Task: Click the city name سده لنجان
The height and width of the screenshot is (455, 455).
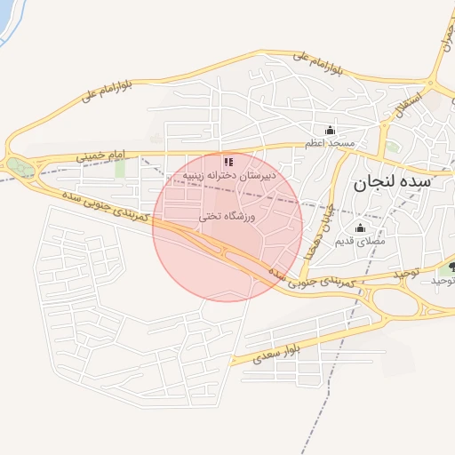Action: [391, 184]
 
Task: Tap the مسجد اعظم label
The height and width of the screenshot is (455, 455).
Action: [330, 143]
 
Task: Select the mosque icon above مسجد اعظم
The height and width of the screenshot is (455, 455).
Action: [330, 131]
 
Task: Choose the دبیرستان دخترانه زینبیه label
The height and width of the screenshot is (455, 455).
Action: [229, 175]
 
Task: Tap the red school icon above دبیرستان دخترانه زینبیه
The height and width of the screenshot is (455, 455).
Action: [228, 162]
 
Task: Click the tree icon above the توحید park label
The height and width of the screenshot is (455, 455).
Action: [452, 267]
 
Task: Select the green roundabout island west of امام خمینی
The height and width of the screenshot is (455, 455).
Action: [18, 165]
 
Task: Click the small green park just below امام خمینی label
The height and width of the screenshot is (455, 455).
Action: [120, 168]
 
